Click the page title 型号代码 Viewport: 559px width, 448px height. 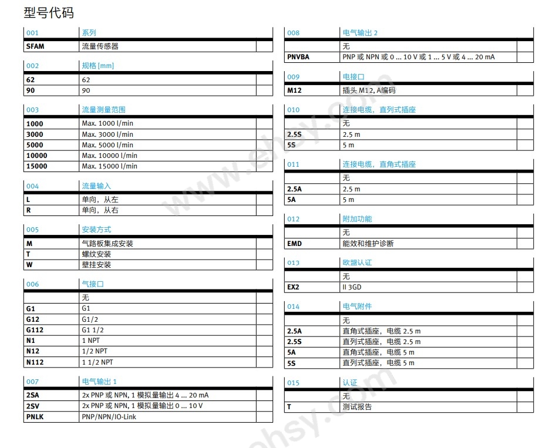pyautogui.click(x=49, y=12)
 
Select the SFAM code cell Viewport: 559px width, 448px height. pyautogui.click(x=35, y=46)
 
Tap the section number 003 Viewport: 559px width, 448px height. pyautogui.click(x=32, y=110)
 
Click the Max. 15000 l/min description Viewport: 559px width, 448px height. pyautogui.click(x=109, y=166)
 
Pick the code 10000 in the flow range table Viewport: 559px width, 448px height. pyautogui.click(x=36, y=156)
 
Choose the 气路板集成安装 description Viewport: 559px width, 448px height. pyautogui.click(x=107, y=244)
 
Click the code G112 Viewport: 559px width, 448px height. pyautogui.click(x=35, y=330)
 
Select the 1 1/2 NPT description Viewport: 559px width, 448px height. pyautogui.click(x=97, y=362)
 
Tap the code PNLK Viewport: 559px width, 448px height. pyautogui.click(x=35, y=417)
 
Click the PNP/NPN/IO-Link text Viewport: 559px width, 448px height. pyautogui.click(x=112, y=417)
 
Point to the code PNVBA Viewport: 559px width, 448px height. pyautogui.click(x=298, y=57)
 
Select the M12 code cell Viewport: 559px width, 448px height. pyautogui.click(x=294, y=90)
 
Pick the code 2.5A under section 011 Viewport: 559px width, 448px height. pyautogui.click(x=294, y=189)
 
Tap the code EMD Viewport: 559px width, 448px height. pyautogui.click(x=294, y=244)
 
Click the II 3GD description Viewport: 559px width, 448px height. pyautogui.click(x=352, y=288)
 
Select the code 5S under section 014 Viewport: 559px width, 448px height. pyautogui.click(x=292, y=363)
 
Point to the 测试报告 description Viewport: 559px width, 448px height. pyautogui.click(x=357, y=407)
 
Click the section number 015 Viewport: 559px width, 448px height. pyautogui.click(x=293, y=383)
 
